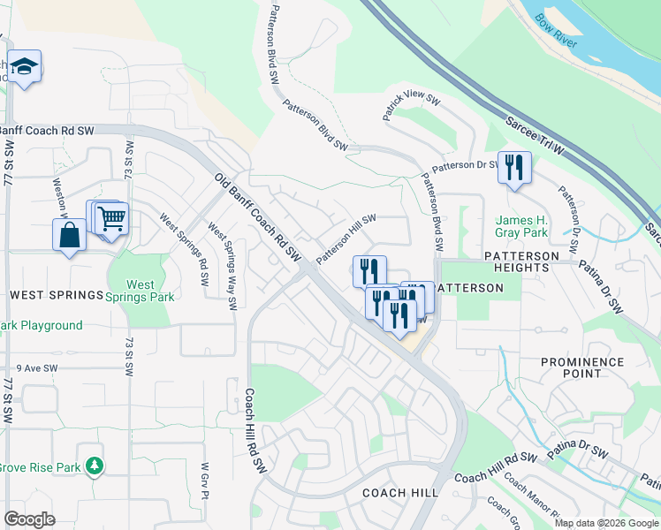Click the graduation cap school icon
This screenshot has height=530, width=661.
tap(24, 66)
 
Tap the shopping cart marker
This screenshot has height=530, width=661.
tap(111, 217)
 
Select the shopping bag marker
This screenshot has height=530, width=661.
tap(69, 236)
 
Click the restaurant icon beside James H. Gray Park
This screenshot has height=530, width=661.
tap(514, 166)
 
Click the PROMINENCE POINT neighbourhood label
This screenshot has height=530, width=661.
tap(582, 369)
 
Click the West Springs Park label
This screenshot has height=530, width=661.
tap(150, 291)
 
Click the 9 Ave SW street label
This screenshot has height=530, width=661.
tap(36, 368)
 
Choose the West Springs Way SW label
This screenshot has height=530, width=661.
tap(222, 266)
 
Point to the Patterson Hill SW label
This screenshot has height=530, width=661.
tap(346, 237)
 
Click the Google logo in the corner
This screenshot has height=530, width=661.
tap(29, 519)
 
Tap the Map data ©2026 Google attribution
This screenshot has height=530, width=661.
tap(606, 523)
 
